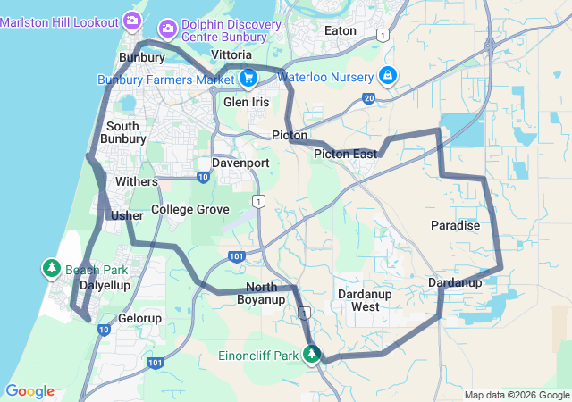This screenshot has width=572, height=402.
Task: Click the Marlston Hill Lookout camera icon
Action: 131,20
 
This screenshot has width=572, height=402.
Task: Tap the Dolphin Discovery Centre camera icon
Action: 167,29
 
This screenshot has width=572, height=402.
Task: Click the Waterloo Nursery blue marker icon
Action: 387,76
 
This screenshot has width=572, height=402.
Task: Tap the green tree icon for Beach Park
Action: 52,269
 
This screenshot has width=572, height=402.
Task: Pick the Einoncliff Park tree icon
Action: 312,356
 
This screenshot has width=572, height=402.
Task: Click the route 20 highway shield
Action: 369,97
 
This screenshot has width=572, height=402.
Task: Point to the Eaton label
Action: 341,30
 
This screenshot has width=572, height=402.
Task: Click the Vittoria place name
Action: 231,54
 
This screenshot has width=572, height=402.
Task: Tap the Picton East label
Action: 345,155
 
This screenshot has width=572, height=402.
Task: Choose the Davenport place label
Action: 240,163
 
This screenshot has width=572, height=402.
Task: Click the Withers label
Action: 137,181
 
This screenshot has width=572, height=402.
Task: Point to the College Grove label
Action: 189,209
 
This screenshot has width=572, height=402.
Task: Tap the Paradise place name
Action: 455,226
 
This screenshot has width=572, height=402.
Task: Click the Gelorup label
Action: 140,318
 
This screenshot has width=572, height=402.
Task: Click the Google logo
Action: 29,391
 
